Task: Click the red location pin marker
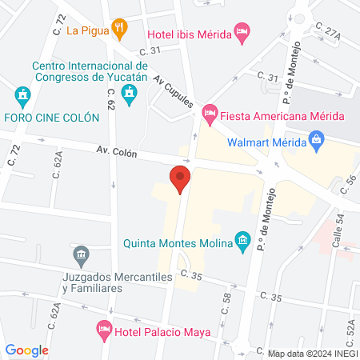(179, 179)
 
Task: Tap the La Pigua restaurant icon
(120, 30)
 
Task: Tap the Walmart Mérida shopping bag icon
(318, 142)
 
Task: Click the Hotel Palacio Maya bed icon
(103, 329)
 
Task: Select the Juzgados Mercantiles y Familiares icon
(81, 257)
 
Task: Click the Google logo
(26, 350)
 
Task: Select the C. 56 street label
(350, 185)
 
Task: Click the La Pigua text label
(88, 31)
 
